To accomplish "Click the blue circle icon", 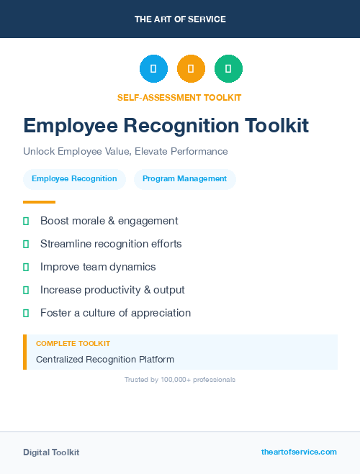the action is (153, 69).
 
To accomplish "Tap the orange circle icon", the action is (191, 69).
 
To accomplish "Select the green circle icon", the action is (228, 69).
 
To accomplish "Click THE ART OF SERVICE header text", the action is (180, 19).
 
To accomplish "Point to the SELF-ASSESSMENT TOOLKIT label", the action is (179, 97).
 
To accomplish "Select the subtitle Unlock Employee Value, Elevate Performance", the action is (125, 152).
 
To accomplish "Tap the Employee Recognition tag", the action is (74, 178).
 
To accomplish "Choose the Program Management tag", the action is (184, 178).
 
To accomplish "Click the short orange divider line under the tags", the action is (39, 202).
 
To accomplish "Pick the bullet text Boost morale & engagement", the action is (109, 221).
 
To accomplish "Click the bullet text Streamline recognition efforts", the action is (111, 244).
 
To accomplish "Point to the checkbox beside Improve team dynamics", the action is (26, 267).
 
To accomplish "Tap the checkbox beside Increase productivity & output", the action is (26, 290).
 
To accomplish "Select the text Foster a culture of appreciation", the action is (115, 313).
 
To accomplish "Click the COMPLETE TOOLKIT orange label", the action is (73, 344).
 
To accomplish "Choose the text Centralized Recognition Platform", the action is (105, 359).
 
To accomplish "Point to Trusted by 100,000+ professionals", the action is (180, 379).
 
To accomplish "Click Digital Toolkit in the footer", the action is (51, 452).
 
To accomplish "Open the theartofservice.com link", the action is (299, 452).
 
